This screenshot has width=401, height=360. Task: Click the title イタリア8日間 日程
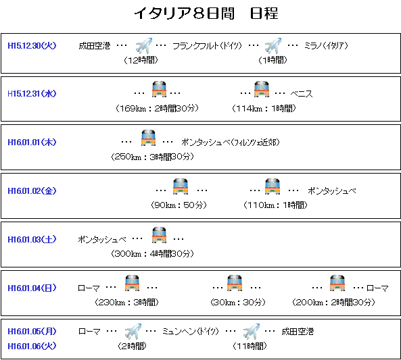tap(206, 13)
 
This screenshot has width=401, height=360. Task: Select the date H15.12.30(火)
tap(32, 46)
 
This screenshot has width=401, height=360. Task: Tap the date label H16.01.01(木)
tap(32, 142)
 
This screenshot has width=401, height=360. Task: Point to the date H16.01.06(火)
tap(32, 346)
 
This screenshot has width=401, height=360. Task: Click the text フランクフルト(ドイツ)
tap(207, 46)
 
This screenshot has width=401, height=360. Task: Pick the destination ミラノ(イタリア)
tap(326, 46)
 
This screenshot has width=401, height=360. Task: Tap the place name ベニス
tap(302, 94)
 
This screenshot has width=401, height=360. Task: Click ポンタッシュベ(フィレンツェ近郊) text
tap(231, 142)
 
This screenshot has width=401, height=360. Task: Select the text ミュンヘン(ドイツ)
tap(191, 332)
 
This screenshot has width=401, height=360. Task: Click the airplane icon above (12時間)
tap(144, 45)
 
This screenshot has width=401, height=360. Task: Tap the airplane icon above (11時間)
tap(252, 331)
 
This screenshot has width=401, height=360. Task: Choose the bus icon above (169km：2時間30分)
tap(159, 89)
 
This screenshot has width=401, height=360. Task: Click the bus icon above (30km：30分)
tap(235, 283)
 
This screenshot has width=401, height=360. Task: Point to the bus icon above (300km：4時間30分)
tap(159, 235)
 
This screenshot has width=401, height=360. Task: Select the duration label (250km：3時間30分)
tap(152, 157)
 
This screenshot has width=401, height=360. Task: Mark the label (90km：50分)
tap(179, 205)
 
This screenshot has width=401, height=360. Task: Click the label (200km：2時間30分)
tap(333, 303)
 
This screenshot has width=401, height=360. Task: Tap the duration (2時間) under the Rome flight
tap(132, 346)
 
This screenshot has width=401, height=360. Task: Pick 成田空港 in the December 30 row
tap(95, 46)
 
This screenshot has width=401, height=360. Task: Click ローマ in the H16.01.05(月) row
tap(89, 332)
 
